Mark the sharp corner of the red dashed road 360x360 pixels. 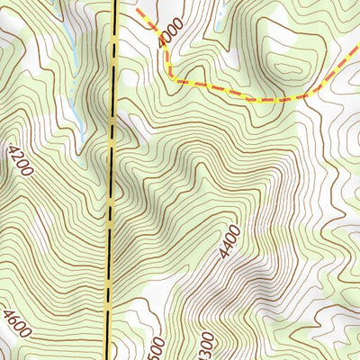pos(170,78)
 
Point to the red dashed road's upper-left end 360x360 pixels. pos(139,11)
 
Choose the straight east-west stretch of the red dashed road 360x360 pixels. pos(234,93)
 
